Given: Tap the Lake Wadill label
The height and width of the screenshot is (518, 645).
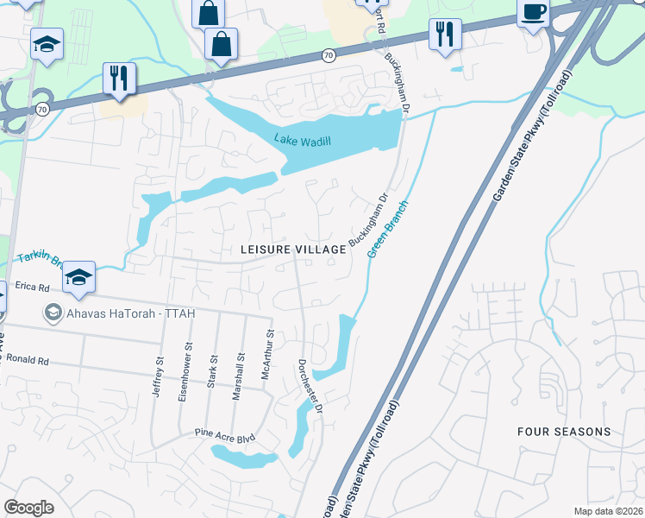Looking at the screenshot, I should pos(303,141).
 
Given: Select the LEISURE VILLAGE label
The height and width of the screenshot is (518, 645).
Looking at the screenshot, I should pos(293,249).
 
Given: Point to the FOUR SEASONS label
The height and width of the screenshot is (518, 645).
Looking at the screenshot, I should pos(564,431).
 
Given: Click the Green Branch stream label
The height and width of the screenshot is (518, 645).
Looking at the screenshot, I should pos(387,230).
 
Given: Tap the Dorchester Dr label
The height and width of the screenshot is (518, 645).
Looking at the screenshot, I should pos(310,385).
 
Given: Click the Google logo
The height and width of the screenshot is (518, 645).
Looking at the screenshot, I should pos(28,508).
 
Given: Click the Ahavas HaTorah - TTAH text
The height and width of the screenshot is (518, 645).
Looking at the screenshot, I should pos(131,312).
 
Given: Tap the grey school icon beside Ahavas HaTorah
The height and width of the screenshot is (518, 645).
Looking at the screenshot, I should pos(53,312).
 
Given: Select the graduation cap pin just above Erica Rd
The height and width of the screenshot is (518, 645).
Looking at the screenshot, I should pos(78,276).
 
